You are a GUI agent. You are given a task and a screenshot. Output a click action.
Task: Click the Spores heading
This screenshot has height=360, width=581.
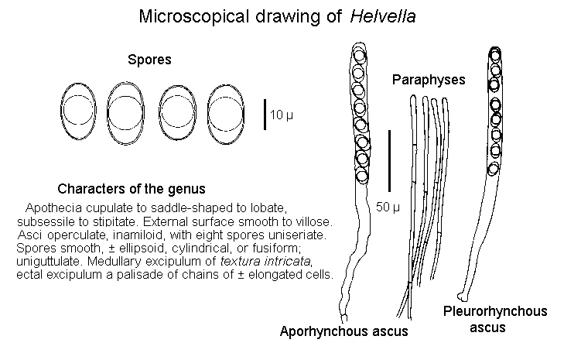pos(149,60)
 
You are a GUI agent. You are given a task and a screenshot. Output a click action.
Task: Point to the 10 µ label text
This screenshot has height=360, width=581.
pos(282,115)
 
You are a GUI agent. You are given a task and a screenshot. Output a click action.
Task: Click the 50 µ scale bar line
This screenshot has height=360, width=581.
pos(389,160)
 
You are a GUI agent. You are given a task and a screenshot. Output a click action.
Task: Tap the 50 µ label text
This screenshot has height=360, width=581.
pos(388,206)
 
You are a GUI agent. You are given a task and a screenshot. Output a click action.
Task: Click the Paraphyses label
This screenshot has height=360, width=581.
pos(428,79)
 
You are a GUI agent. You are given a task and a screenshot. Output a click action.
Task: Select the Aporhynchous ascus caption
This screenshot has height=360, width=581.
pos(343,332)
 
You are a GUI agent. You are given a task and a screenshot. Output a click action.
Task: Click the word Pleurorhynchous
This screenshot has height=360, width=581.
pos(495,311)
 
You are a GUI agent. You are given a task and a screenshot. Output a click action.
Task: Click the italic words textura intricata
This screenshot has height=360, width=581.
pos(291,262)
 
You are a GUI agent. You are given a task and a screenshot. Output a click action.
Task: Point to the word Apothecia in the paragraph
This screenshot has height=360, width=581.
pos(50,209)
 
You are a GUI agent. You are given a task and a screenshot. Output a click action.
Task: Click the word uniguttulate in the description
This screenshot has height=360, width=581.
pos(47,262)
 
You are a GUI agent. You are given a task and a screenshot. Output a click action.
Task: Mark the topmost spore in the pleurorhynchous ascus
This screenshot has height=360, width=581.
pos(493,56)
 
